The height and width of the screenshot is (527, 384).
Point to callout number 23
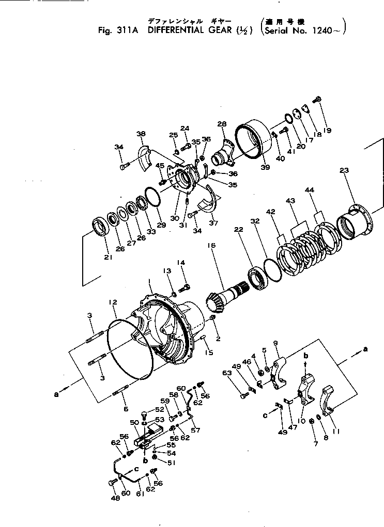(345, 171)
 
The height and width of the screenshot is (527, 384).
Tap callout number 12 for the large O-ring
(113, 301)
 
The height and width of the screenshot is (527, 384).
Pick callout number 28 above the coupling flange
(222, 124)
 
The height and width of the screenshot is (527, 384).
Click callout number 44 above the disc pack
(324, 205)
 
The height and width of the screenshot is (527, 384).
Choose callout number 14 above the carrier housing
(181, 262)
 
